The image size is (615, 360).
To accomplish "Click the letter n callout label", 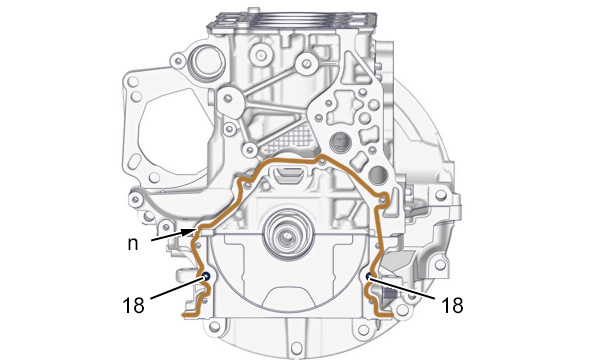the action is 133,244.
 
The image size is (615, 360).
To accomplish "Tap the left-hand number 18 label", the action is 133,305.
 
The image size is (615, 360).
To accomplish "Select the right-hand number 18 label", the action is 452,305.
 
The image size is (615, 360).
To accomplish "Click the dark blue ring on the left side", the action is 206,276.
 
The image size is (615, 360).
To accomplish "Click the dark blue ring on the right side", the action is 369,277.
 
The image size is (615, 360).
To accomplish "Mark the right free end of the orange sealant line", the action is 391,315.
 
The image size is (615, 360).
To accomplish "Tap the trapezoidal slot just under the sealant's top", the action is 288,174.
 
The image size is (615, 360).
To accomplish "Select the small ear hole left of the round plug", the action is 178,61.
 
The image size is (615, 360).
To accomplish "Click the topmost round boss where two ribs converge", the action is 307,63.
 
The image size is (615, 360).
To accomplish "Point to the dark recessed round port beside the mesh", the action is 340,142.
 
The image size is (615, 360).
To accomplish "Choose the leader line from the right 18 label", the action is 402,288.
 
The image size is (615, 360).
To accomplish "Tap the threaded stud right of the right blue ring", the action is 388,293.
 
